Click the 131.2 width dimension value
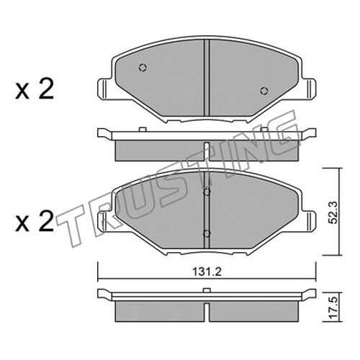[x=207, y=272]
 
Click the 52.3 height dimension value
[x=333, y=212]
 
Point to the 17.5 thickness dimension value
[x=333, y=307]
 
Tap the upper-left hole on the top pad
[x=143, y=68]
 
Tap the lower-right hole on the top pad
[x=264, y=91]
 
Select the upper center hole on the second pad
[x=207, y=192]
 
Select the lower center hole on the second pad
[x=207, y=233]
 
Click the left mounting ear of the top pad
[x=105, y=89]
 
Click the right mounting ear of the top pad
[x=309, y=89]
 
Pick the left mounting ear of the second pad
[x=105, y=221]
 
